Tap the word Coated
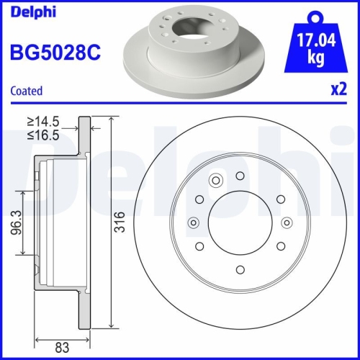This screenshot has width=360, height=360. [x=26, y=91]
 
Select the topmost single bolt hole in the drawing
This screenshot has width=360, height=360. [x=239, y=175]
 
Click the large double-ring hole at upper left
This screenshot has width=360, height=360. [x=215, y=181]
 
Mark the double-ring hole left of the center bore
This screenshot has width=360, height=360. [x=192, y=224]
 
